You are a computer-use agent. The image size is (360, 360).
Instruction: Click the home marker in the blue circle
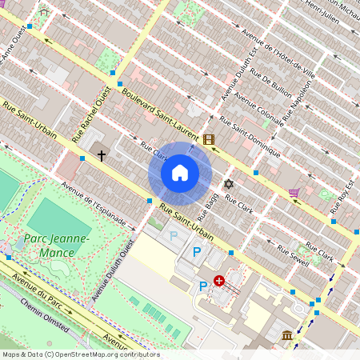[180, 172]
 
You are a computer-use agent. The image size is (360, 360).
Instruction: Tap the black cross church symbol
[102, 154]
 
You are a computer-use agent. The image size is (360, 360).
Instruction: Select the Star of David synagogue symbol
[228, 184]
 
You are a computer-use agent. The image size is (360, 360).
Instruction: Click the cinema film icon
[209, 140]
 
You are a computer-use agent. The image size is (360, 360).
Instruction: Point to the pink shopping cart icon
[294, 192]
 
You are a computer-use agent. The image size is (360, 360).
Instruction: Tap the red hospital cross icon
[218, 281]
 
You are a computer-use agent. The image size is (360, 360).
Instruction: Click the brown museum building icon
[286, 334]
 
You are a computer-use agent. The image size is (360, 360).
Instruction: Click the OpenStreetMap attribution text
[80, 354]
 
